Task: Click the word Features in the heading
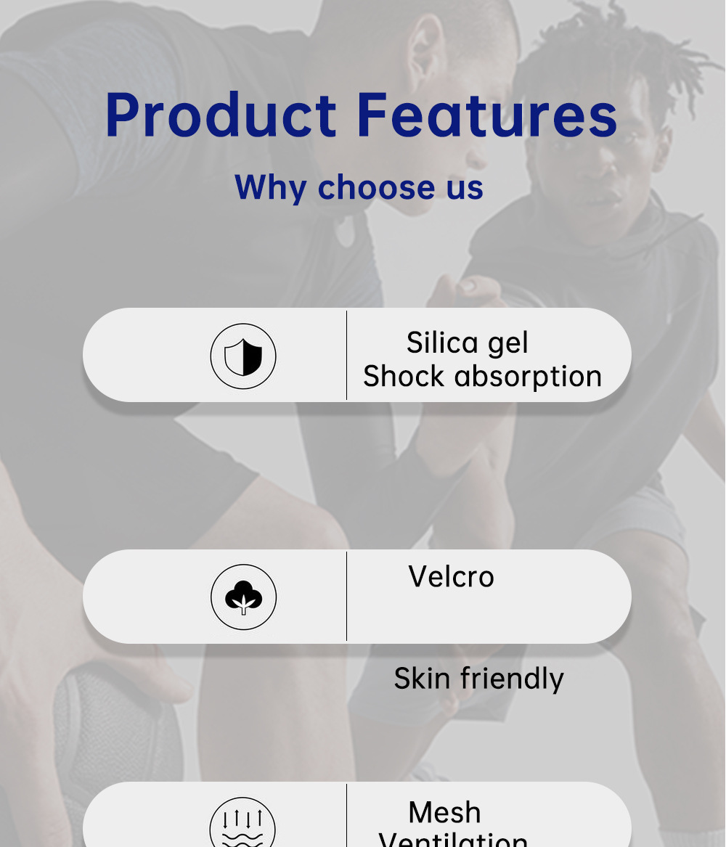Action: coord(486,115)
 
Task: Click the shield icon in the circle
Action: coord(243,356)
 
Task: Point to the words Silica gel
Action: coord(467,343)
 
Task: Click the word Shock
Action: coord(404,376)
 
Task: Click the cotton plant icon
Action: coord(243,597)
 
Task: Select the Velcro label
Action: coord(451,577)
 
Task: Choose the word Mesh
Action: coord(444,812)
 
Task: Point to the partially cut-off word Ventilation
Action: coord(453,840)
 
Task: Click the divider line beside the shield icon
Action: coord(346,355)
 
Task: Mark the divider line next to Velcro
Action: coord(346,596)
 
